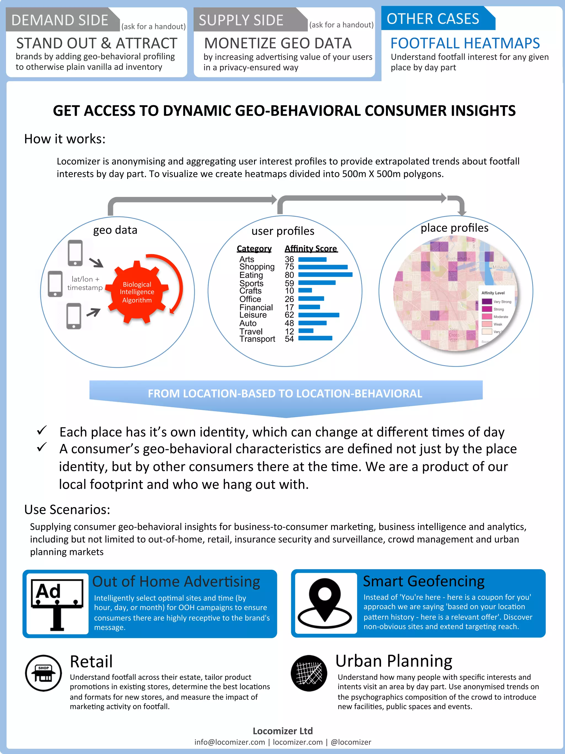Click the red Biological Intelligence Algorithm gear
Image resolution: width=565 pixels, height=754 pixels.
coord(137,292)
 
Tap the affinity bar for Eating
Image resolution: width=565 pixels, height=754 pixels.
coord(325,274)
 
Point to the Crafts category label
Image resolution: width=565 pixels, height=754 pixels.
coord(250,291)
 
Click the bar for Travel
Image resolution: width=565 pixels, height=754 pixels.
coord(306,331)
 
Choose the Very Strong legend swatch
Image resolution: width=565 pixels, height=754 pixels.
coord(487,301)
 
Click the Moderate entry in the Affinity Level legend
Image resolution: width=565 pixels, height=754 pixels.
coord(500,317)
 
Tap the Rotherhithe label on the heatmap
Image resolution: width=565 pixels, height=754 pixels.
coord(459,259)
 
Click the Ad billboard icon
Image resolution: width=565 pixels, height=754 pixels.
coord(57,604)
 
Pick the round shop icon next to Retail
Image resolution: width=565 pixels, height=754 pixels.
coord(43,673)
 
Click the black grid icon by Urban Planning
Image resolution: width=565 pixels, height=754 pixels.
coord(309,673)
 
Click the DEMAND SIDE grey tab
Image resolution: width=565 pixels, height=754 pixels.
coord(60,20)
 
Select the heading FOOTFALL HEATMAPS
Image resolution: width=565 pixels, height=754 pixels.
coord(465,43)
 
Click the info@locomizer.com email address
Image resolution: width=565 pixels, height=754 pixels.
coord(230,742)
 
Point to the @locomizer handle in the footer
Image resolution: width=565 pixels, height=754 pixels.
coord(351,742)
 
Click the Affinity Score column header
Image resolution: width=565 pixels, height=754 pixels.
coord(311,248)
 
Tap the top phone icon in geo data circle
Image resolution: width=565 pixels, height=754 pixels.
coord(75,253)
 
